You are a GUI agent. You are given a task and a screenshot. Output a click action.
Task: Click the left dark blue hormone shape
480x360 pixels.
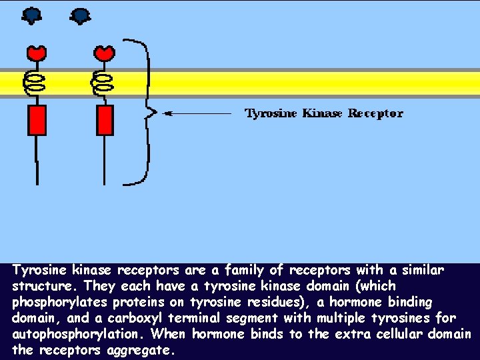31,15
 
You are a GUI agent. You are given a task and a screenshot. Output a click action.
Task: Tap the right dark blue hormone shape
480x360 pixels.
80,15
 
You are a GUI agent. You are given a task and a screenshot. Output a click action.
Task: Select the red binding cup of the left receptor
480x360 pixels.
36,53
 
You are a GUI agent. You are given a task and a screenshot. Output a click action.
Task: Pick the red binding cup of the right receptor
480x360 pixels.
104,53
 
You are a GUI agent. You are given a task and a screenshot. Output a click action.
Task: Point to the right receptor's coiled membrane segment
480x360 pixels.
103,83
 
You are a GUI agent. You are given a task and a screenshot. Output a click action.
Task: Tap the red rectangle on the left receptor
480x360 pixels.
36,120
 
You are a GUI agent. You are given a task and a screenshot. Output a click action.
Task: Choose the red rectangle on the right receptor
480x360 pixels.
105,120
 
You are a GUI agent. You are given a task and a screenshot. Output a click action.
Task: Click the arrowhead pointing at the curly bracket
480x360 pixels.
169,113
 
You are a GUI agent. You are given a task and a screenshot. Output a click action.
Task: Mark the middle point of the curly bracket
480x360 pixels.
153,112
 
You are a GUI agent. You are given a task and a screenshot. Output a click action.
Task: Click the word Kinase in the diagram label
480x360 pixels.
322,113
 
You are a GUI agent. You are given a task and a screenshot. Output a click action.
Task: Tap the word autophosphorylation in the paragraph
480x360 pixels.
80,334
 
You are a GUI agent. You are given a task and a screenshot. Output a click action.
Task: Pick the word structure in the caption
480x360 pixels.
39,287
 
